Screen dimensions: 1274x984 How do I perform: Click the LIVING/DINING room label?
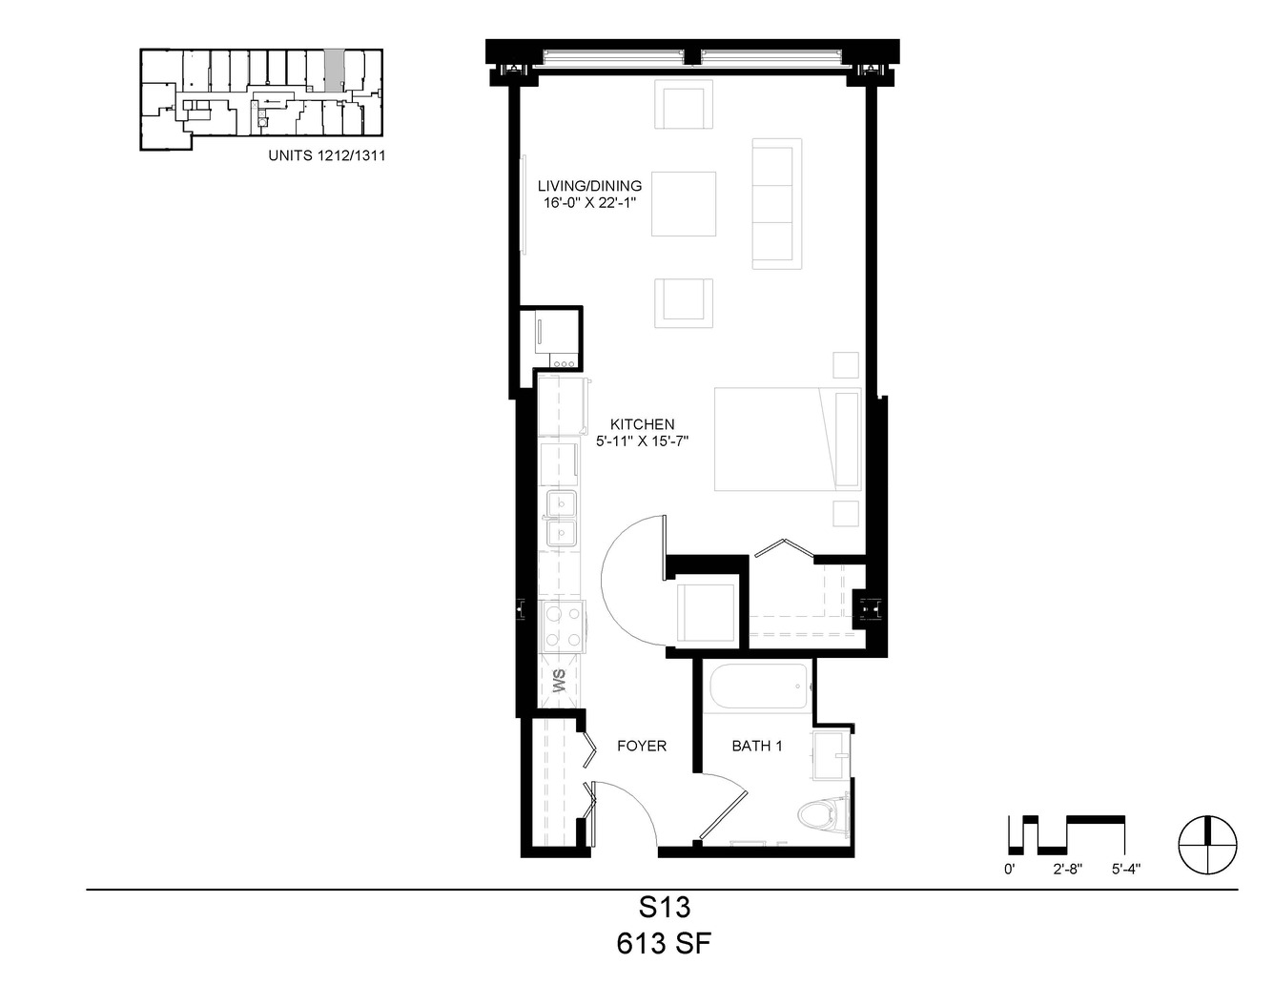coord(589,186)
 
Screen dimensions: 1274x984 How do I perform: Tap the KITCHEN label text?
coord(642,423)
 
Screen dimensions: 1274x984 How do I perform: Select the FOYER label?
coord(642,746)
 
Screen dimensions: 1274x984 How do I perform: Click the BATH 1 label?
coord(756,746)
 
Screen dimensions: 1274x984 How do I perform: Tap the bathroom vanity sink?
coord(832,755)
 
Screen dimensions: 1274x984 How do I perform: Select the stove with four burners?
coord(563,626)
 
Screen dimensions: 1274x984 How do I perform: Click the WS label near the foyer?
coord(559,681)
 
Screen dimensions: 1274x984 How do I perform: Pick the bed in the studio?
coord(788,439)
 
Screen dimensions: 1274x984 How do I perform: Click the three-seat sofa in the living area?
coord(777,204)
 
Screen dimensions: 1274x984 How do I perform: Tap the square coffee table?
coord(684,204)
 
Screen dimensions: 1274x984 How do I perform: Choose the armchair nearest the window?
coord(684,104)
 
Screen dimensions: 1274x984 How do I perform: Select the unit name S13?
coord(665,908)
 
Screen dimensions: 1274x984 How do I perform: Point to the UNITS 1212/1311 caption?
coord(326,155)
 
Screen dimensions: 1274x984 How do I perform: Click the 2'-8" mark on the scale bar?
coord(1067,870)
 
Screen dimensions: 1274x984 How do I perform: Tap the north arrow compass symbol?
coord(1208,845)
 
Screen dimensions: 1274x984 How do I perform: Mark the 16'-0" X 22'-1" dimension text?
coord(590,203)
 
